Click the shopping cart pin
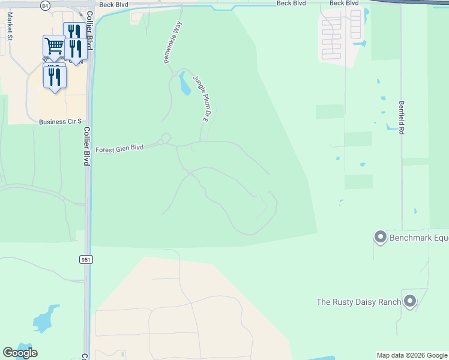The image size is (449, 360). point(54,46)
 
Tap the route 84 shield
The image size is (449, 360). point(46,5)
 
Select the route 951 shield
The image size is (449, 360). point(85,259)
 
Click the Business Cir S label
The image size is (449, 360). point(60,122)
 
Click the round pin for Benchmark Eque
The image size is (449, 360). point(379,237)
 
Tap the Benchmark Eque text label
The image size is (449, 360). point(419,238)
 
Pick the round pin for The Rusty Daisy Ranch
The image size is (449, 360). point(410,301)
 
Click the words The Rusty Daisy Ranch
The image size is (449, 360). point(358,302)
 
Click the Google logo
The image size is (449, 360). point(20,353)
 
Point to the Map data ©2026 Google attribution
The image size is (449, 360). point(412,355)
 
